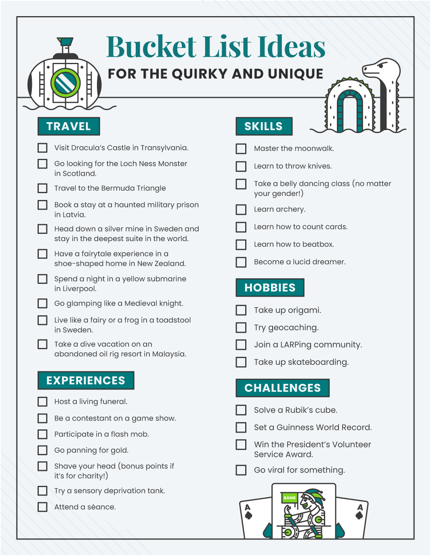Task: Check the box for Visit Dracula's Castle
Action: (x=42, y=148)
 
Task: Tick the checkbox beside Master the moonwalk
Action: (x=241, y=149)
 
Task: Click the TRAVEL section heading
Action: (x=69, y=127)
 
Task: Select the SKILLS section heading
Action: (x=264, y=127)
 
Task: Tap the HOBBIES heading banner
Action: (x=270, y=288)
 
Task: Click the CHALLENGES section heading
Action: (x=282, y=388)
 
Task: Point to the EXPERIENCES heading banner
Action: (x=86, y=381)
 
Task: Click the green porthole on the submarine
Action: (x=65, y=83)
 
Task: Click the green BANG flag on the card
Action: (x=289, y=498)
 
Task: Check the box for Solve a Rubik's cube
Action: (x=241, y=410)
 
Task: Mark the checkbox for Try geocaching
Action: (x=241, y=327)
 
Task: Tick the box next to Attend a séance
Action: (x=42, y=507)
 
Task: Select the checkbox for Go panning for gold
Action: (x=42, y=450)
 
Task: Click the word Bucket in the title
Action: (x=151, y=47)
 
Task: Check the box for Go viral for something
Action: (x=241, y=470)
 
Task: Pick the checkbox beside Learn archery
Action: (x=241, y=210)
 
